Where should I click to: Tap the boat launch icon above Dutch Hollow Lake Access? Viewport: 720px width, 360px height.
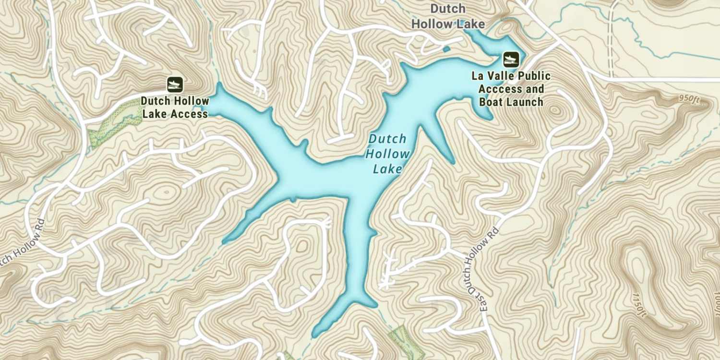[x=175, y=85]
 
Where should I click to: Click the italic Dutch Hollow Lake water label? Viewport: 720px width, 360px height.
[x=387, y=154]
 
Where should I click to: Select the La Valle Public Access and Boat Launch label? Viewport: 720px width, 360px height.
[x=511, y=89]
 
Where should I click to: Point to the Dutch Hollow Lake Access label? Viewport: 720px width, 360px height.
[x=175, y=108]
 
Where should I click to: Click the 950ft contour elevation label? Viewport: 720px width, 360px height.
[x=689, y=98]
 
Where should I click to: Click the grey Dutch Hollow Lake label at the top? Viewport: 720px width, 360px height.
[x=447, y=16]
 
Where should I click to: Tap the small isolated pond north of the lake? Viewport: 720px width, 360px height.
[x=446, y=49]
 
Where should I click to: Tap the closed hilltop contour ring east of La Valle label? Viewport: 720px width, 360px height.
[x=555, y=111]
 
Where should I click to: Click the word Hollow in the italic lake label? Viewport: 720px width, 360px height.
[x=387, y=154]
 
